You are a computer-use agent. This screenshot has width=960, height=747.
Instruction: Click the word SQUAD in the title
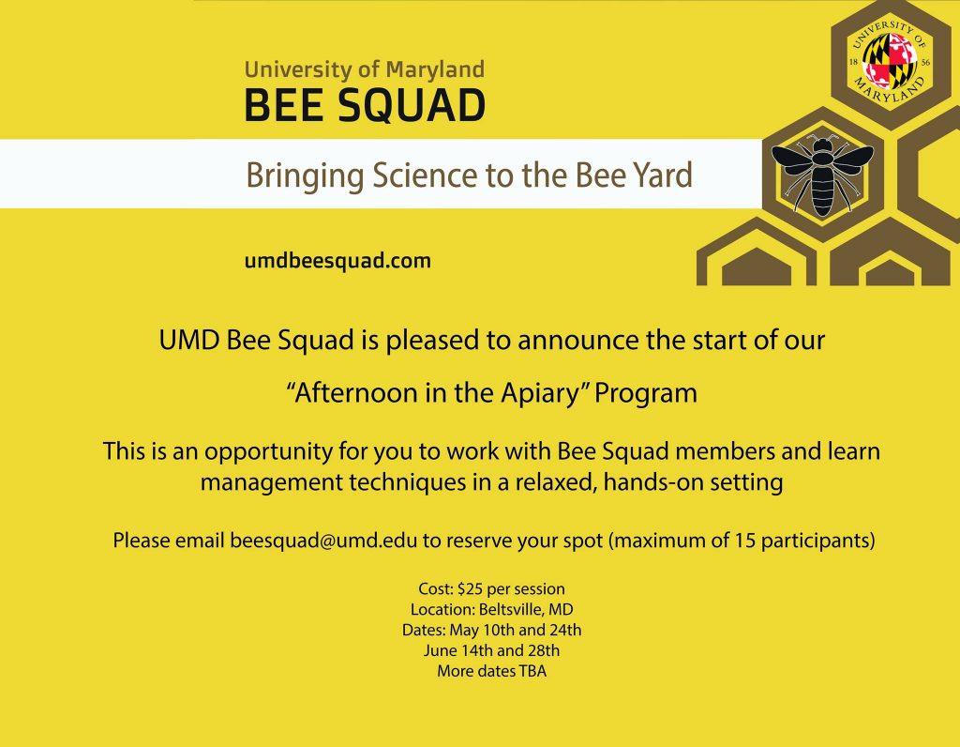(412, 105)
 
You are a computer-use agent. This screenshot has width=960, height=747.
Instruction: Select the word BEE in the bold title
(284, 105)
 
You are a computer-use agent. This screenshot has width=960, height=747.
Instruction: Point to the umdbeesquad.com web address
(337, 261)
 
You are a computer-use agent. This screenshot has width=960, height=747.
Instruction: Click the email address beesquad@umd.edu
(323, 541)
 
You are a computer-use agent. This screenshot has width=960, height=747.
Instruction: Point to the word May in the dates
(463, 631)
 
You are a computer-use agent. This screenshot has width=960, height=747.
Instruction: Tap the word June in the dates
(439, 650)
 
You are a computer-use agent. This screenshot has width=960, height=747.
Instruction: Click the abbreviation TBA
(532, 671)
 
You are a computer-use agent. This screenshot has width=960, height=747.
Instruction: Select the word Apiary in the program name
(539, 393)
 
